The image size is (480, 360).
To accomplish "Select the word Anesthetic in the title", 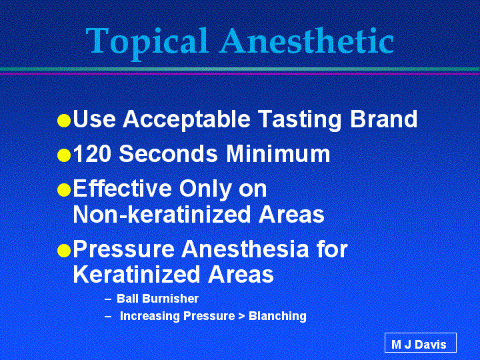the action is tap(307, 41).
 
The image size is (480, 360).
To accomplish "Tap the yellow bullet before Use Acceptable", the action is tap(64, 120).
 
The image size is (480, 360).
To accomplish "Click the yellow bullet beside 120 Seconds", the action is tap(64, 155).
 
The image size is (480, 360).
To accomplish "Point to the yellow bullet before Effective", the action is tap(64, 190).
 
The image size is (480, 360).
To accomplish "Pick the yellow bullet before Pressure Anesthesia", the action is tap(64, 251).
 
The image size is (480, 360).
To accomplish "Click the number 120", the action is tap(92, 153).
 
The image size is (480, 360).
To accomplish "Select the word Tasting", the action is tap(300, 120).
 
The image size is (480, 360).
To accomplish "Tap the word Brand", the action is tap(383, 119).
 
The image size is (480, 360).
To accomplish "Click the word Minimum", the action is tap(278, 153).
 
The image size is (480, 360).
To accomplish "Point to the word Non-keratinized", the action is tap(162, 214).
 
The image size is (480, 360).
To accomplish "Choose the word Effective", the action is tap(123, 188).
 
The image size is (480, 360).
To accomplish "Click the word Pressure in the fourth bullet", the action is tap(124, 249).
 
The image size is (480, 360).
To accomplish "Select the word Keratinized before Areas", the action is tap(137, 274).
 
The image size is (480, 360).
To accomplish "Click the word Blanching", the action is tap(277, 316).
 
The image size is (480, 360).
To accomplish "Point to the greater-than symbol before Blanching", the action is tap(241, 316).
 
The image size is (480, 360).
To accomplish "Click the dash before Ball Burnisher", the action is tap(108, 299).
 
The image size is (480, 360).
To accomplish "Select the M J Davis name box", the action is tap(420, 343).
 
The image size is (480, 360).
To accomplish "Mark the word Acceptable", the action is tap(186, 120).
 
